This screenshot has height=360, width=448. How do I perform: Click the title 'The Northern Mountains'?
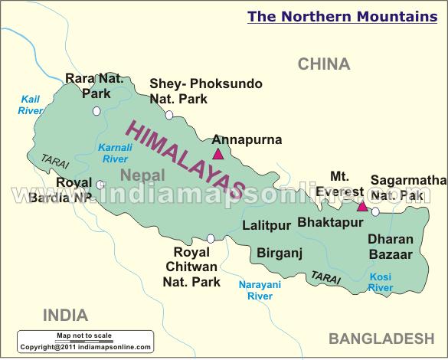(342, 16)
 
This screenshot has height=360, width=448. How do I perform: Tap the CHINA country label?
(324, 64)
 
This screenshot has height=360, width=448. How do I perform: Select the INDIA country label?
(65, 315)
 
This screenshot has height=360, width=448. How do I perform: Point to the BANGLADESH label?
(381, 338)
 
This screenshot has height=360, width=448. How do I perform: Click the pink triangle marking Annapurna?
(218, 154)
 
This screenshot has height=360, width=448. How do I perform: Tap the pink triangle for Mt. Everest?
(362, 205)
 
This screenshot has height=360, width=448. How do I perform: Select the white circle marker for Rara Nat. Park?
(96, 111)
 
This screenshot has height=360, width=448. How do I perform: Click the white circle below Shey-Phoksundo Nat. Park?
(169, 115)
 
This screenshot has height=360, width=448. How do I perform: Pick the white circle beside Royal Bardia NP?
(100, 185)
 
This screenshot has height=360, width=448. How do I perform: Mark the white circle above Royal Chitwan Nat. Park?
(211, 238)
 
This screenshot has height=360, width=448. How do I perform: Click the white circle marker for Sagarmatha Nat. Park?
(375, 211)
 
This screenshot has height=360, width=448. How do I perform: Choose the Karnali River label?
(115, 153)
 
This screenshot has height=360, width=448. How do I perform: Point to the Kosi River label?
(381, 282)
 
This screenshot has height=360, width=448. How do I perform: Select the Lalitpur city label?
(266, 225)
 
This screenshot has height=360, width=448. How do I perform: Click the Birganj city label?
(280, 252)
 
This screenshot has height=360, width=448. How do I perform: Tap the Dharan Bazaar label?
(390, 246)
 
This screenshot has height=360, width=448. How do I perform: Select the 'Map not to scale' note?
(84, 335)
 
